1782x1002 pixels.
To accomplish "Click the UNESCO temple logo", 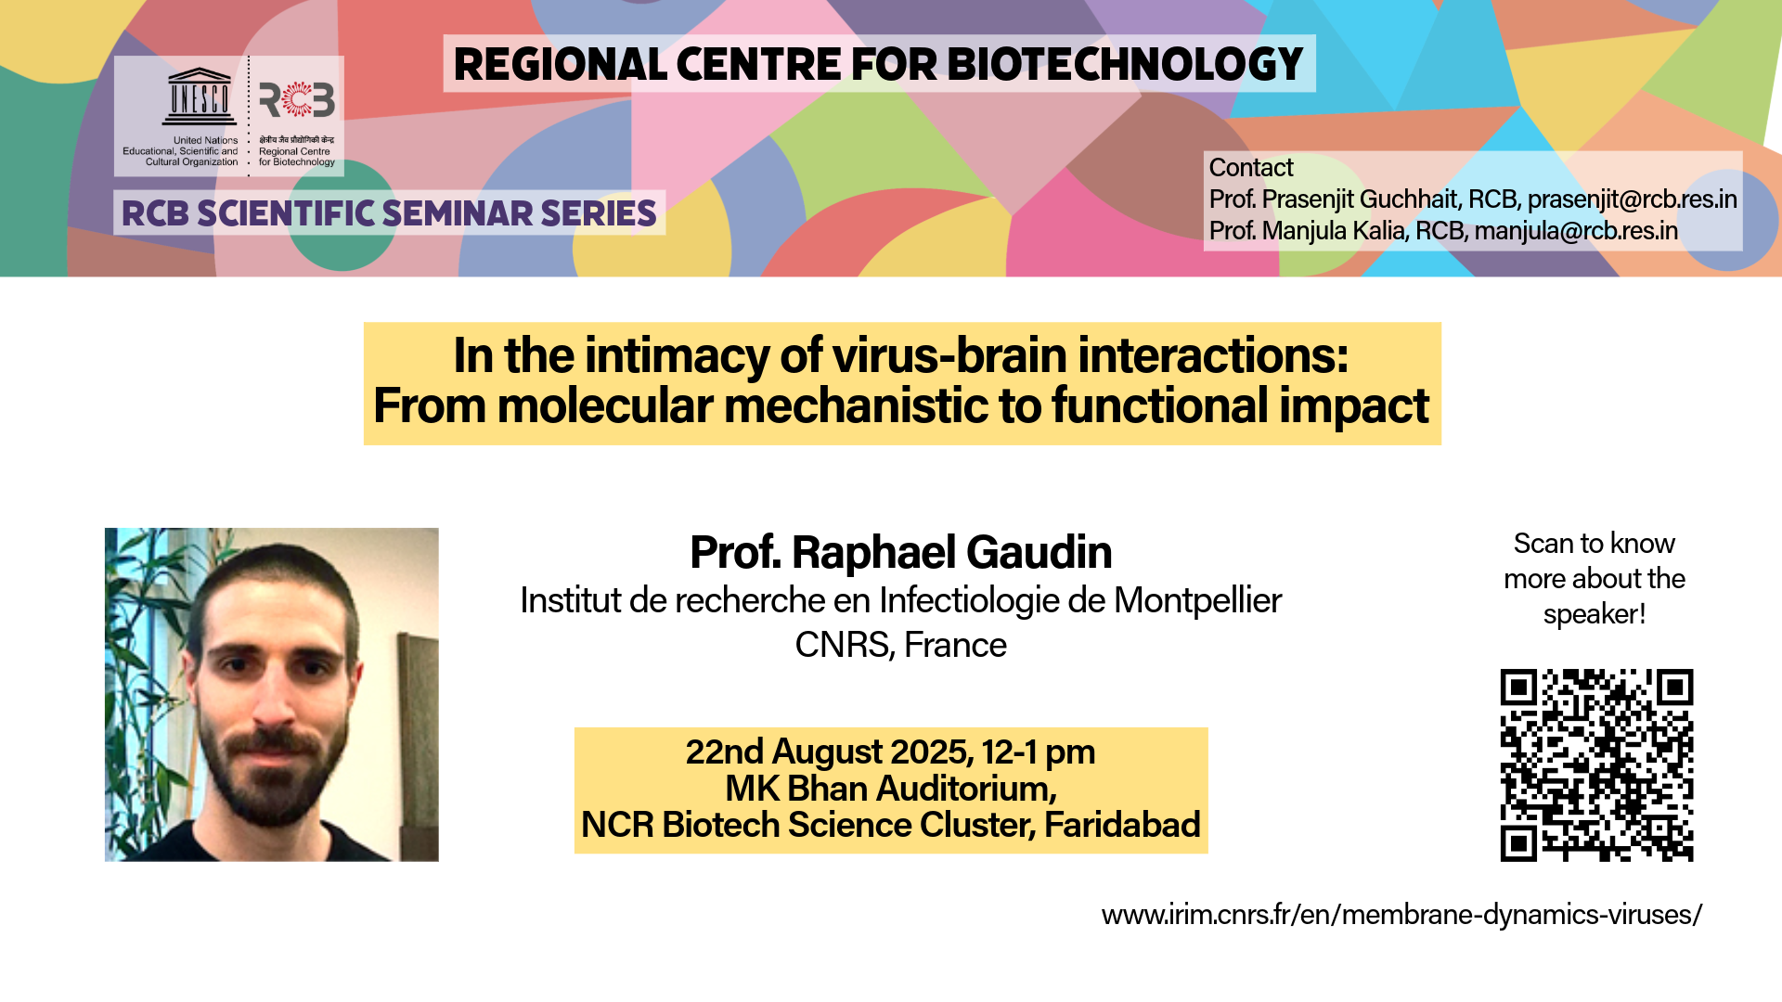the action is tap(199, 96).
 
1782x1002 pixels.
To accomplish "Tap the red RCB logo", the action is tap(297, 99).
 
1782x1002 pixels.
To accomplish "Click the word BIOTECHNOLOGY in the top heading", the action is tap(1125, 64).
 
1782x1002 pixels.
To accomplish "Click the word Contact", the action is tap(1251, 168).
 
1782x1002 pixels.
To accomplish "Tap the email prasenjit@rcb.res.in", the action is tap(1633, 199).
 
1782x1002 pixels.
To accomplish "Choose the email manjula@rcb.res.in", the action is tap(1576, 231).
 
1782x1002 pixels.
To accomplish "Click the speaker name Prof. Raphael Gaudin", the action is tap(900, 552).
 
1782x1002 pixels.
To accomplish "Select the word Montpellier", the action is tap(1197, 601).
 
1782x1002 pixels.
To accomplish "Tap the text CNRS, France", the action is tap(900, 645).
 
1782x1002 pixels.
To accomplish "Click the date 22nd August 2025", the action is tap(829, 751).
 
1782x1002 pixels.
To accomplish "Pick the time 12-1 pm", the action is tap(1039, 752).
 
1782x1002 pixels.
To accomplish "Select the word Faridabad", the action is tap(1122, 825).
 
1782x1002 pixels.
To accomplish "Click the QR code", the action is tap(1596, 765).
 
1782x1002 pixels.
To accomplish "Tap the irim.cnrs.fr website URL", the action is tap(1401, 915).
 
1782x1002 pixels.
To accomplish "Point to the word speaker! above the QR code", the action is tap(1595, 614).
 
